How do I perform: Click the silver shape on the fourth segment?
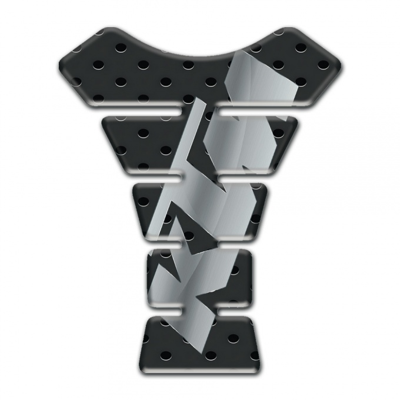point(203,271)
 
